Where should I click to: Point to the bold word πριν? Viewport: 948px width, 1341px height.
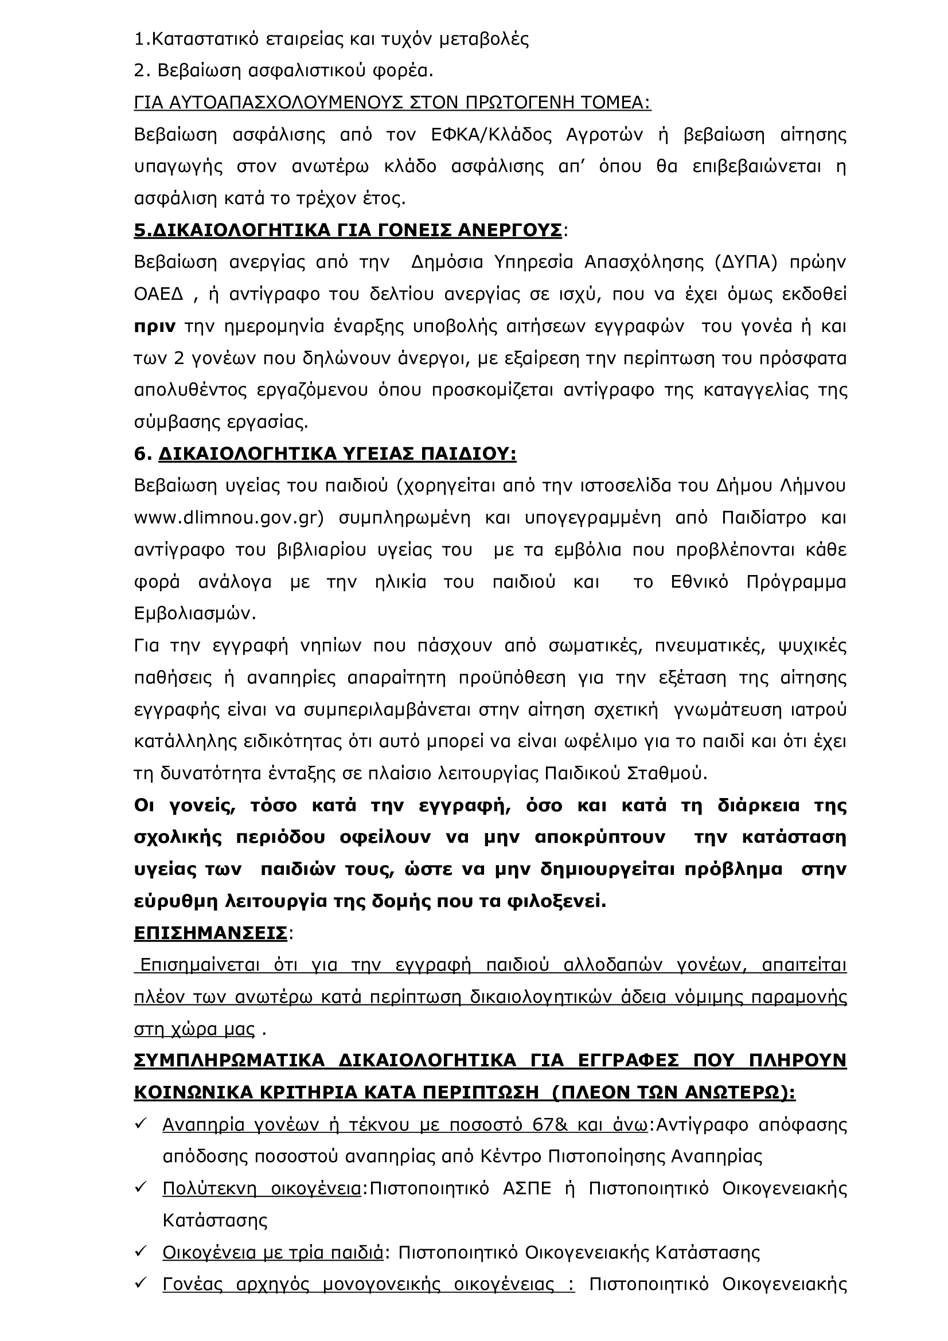(155, 326)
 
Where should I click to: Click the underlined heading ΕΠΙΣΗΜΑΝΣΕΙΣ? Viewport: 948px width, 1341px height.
(210, 933)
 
